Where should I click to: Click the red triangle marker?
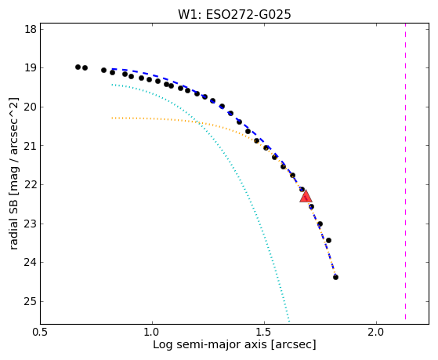(x=306, y=196)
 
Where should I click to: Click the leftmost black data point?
(x=78, y=67)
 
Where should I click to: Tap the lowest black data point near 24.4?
(x=336, y=277)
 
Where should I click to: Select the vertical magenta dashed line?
(x=405, y=172)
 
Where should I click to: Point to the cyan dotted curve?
(x=237, y=173)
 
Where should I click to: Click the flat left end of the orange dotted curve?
(x=112, y=118)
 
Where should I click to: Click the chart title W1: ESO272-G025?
(x=234, y=15)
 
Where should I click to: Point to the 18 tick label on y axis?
(x=31, y=29)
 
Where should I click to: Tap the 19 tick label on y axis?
(x=31, y=68)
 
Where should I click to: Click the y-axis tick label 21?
(x=31, y=146)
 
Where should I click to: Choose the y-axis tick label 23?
(x=31, y=224)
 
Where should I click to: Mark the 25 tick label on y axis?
(x=31, y=301)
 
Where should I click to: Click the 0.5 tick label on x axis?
(x=41, y=333)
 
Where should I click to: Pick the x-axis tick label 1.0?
(x=152, y=333)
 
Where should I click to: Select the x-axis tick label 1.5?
(x=265, y=333)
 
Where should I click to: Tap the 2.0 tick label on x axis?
(x=377, y=333)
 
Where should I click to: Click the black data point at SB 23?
(x=320, y=224)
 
